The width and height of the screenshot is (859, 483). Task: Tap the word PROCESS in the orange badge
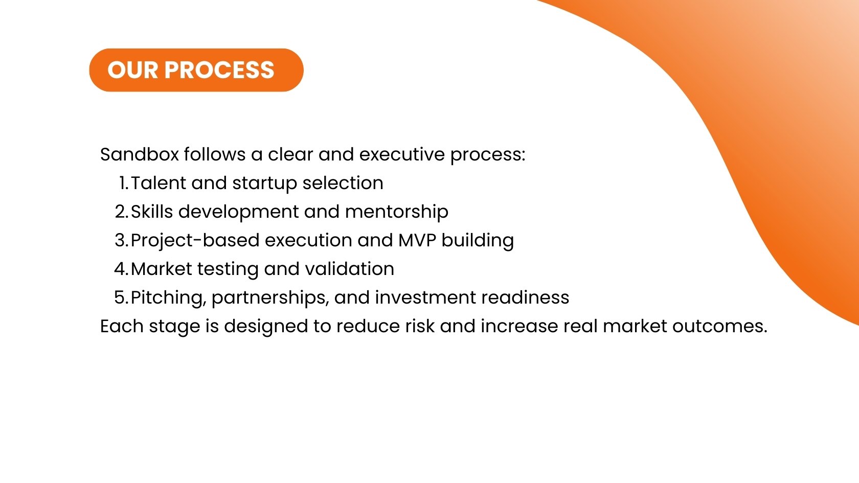coord(219,70)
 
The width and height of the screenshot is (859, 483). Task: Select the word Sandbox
coord(139,154)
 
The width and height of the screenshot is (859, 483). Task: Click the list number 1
coord(123,183)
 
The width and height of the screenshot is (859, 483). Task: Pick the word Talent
coord(158,183)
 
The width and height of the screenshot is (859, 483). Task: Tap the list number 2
coord(121,212)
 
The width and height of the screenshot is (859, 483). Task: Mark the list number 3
coord(121,240)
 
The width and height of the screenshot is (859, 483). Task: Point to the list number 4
coord(121,269)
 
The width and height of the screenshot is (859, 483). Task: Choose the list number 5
coord(121,297)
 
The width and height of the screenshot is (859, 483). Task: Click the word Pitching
coord(168,297)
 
